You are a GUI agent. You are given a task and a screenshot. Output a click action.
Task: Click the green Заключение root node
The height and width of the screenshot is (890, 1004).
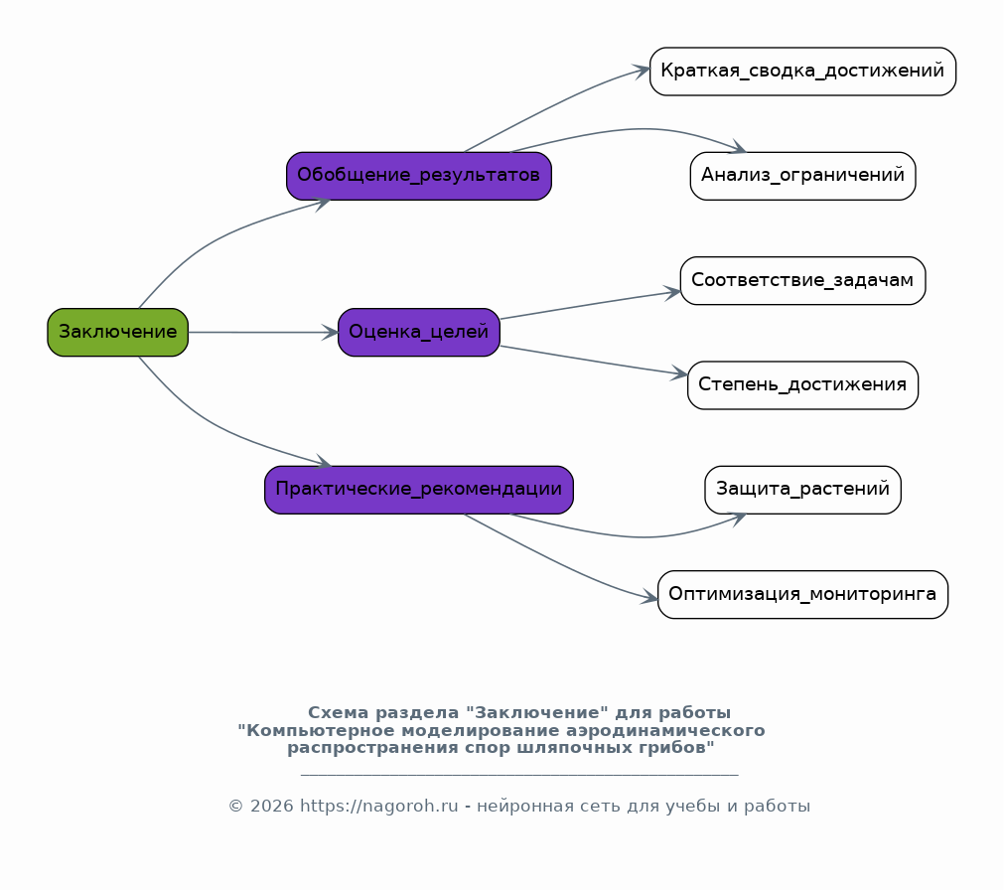118,333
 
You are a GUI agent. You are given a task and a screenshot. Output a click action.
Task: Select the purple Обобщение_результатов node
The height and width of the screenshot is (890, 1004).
419,176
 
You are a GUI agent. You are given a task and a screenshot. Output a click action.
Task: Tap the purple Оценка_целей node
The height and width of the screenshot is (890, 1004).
419,333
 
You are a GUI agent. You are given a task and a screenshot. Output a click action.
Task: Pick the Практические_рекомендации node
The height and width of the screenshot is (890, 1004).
419,490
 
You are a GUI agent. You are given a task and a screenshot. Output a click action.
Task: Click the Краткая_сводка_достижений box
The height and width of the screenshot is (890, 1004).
803,72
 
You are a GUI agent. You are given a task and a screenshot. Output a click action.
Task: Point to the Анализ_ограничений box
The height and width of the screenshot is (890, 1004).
803,176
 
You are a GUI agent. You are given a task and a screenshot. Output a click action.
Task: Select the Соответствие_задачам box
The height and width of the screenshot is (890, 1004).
803,280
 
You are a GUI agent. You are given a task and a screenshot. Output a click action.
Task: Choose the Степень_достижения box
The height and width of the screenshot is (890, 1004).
803,384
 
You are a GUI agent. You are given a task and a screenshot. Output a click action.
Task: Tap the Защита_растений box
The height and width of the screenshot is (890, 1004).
803,490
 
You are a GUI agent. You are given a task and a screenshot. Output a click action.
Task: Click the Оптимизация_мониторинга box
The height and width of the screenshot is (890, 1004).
803,594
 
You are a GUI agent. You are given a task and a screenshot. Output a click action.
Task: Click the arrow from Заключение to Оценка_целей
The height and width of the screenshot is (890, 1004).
263,333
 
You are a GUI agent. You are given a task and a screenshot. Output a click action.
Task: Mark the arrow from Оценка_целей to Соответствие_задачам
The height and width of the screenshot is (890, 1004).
590,305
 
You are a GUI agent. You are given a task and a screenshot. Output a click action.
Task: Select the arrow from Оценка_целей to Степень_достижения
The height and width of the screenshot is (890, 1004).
594,360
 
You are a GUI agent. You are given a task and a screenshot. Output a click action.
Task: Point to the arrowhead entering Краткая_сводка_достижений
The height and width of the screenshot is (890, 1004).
641,70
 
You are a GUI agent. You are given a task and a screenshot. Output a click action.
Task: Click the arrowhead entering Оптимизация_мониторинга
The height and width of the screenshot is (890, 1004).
648,597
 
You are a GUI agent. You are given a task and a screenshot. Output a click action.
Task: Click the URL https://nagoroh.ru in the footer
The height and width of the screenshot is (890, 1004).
379,806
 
